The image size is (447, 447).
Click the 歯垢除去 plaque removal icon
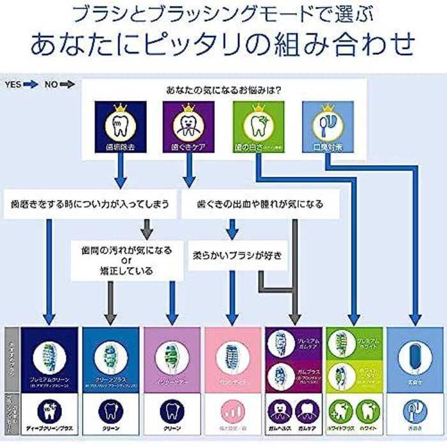(119, 127)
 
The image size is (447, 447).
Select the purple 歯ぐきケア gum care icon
(188, 127)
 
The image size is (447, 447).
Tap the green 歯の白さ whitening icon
(258, 127)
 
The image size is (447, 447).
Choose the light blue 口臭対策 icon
(327, 127)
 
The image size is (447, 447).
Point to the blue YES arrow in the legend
(31, 84)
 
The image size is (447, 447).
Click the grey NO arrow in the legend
(67, 84)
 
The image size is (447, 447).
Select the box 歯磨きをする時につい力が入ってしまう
(89, 204)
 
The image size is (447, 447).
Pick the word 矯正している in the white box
(123, 270)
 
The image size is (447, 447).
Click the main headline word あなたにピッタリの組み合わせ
(223, 43)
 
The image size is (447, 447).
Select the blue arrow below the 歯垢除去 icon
(119, 171)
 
